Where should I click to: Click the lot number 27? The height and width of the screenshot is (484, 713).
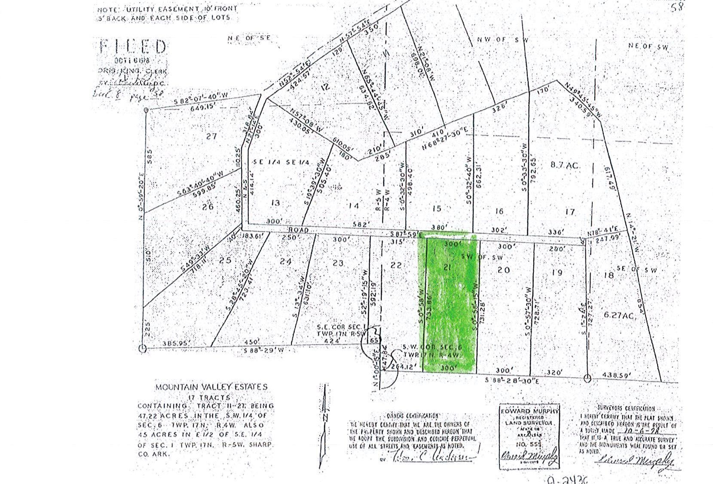click(x=211, y=136)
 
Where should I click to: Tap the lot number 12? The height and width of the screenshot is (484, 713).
click(x=325, y=86)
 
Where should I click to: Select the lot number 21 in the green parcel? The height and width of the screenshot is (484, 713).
click(x=447, y=268)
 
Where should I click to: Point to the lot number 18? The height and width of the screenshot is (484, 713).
click(x=609, y=274)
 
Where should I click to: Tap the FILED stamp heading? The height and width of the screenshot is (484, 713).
click(x=133, y=46)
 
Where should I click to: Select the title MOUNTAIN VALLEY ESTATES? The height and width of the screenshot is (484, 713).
click(x=211, y=387)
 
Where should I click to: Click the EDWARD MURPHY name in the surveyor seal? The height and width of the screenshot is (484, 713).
click(x=529, y=411)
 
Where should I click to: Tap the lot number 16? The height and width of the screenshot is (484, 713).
click(x=499, y=211)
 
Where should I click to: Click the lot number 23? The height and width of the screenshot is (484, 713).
click(x=338, y=262)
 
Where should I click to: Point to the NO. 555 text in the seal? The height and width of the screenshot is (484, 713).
click(x=529, y=444)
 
